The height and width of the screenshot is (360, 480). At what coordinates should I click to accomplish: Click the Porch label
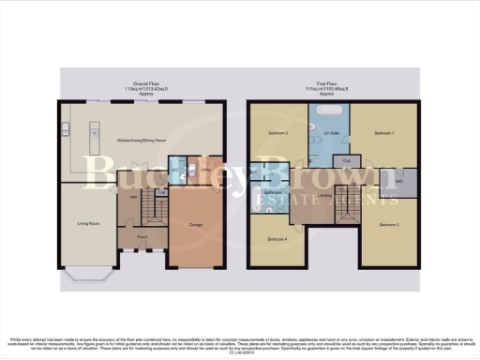click(x=143, y=238)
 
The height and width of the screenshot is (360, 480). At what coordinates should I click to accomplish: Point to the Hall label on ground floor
click(x=133, y=197)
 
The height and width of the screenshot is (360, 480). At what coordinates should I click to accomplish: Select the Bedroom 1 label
click(x=384, y=134)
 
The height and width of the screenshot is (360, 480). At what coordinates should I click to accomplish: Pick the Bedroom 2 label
click(x=389, y=226)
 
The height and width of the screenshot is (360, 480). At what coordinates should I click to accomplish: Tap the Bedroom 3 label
click(x=278, y=134)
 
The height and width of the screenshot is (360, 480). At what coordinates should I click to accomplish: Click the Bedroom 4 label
click(x=277, y=240)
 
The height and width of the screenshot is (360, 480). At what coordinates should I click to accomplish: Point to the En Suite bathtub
click(x=330, y=110)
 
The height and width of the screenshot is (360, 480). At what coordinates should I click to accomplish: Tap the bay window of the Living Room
click(x=86, y=273)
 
